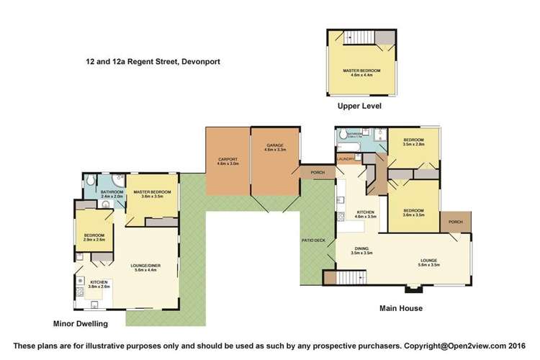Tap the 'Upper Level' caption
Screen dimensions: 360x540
pyautogui.click(x=359, y=106)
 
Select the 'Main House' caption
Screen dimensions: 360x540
pyautogui.click(x=401, y=309)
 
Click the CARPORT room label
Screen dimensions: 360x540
pyautogui.click(x=227, y=161)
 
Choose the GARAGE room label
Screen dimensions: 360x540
pyautogui.click(x=275, y=148)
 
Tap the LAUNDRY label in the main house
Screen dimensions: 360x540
pyautogui.click(x=342, y=158)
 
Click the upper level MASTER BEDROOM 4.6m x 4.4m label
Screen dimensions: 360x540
pyautogui.click(x=361, y=71)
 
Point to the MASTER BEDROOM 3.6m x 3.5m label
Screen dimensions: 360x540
pyautogui.click(x=151, y=193)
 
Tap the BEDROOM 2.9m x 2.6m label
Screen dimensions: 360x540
pyautogui.click(x=94, y=237)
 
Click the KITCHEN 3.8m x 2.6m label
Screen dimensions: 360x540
pyautogui.click(x=99, y=283)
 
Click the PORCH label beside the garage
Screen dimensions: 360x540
pyautogui.click(x=317, y=173)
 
